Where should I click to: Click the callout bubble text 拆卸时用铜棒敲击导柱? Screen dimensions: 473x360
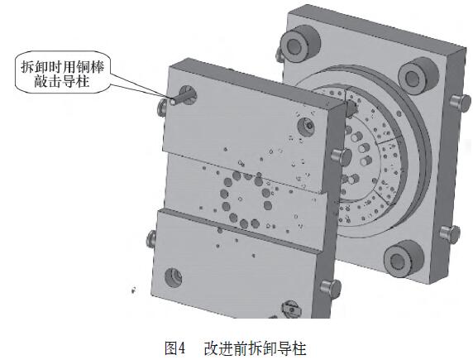tap(62, 74)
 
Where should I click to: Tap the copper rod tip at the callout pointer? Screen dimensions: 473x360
tap(173, 102)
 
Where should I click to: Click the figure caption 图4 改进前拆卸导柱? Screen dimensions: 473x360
tap(236, 348)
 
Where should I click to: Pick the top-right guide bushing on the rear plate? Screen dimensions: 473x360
tap(418, 75)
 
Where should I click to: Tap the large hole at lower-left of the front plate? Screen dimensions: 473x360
tap(174, 277)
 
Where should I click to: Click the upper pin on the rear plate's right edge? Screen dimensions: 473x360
tap(461, 101)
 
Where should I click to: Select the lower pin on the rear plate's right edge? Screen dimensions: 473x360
tap(450, 233)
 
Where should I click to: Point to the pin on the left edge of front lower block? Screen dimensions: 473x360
tap(150, 238)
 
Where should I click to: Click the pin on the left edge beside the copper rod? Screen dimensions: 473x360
tap(162, 108)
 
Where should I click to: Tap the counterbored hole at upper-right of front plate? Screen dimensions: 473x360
tap(307, 127)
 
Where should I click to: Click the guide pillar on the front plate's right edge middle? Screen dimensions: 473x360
tap(342, 156)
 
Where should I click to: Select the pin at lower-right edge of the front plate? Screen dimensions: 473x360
tap(331, 286)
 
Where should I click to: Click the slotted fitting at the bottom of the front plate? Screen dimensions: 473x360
tap(290, 309)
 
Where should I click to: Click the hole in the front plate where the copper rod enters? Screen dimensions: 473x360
tap(188, 94)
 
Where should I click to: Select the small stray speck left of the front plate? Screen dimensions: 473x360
tap(133, 290)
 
